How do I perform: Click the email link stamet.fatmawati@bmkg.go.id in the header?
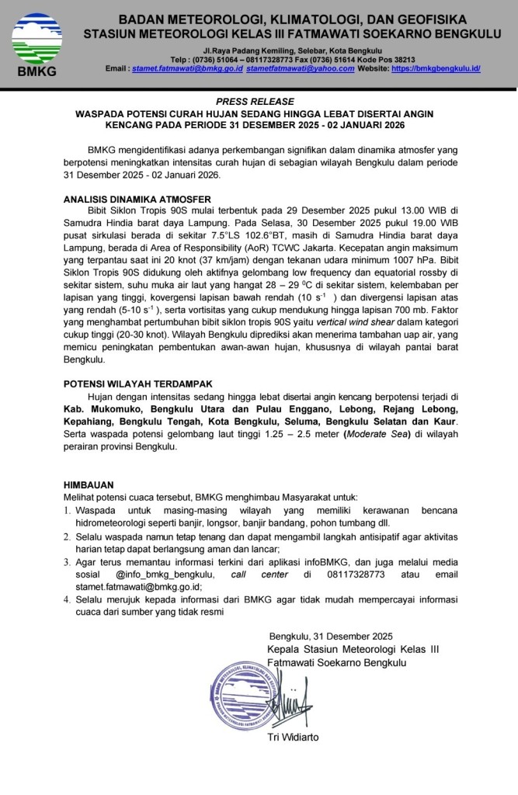point(189,68)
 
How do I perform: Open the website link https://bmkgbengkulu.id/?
point(436,68)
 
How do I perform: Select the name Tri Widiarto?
point(293,736)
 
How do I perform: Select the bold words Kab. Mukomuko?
point(103,408)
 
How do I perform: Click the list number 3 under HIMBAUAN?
point(67,562)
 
